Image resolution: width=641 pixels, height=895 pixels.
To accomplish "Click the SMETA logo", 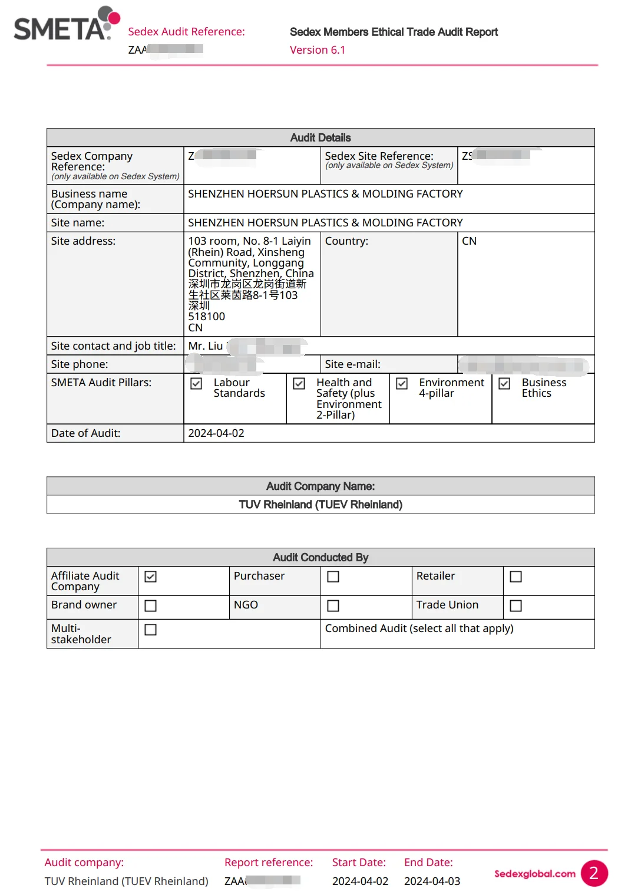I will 66,25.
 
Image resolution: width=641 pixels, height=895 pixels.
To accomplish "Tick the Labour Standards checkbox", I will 197,384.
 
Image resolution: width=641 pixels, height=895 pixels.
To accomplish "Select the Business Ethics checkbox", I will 504,384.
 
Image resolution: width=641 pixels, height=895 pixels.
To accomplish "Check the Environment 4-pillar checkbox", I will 402,384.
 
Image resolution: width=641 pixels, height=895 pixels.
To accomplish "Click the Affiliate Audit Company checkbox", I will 151,577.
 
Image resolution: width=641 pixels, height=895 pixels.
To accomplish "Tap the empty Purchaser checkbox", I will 333,577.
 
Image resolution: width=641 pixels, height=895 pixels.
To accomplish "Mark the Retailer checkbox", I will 516,577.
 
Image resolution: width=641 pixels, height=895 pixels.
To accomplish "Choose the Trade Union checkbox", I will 516,606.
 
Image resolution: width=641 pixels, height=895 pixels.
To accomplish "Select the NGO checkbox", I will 333,606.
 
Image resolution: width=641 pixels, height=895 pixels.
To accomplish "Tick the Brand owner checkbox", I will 151,606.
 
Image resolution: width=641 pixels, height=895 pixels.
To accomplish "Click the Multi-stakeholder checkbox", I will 151,630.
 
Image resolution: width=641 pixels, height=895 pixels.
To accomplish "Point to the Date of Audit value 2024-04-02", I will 216,433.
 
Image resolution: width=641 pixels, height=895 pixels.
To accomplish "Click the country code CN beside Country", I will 470,241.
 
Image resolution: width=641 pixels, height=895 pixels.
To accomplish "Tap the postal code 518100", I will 207,317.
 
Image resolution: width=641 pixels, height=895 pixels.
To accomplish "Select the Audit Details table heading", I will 320,138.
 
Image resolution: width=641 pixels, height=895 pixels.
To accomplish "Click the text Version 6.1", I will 318,50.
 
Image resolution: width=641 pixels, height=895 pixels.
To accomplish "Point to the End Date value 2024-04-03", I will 432,881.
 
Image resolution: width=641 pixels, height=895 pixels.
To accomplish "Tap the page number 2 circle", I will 594,874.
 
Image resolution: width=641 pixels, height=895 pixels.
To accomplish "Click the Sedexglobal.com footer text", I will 534,874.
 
